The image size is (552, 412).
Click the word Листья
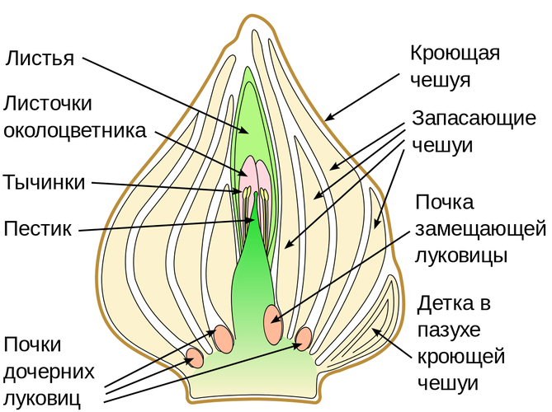click(x=40, y=59)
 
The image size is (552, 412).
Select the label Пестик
click(x=38, y=226)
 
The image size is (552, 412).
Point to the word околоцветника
click(x=75, y=130)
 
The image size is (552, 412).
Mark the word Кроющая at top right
click(x=455, y=54)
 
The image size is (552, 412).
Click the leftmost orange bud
click(x=196, y=358)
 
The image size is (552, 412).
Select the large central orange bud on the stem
click(x=273, y=317)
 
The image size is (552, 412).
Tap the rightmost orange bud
click(x=304, y=337)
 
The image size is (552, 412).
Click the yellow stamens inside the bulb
click(x=248, y=194)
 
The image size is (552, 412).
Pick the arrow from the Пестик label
click(x=165, y=225)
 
